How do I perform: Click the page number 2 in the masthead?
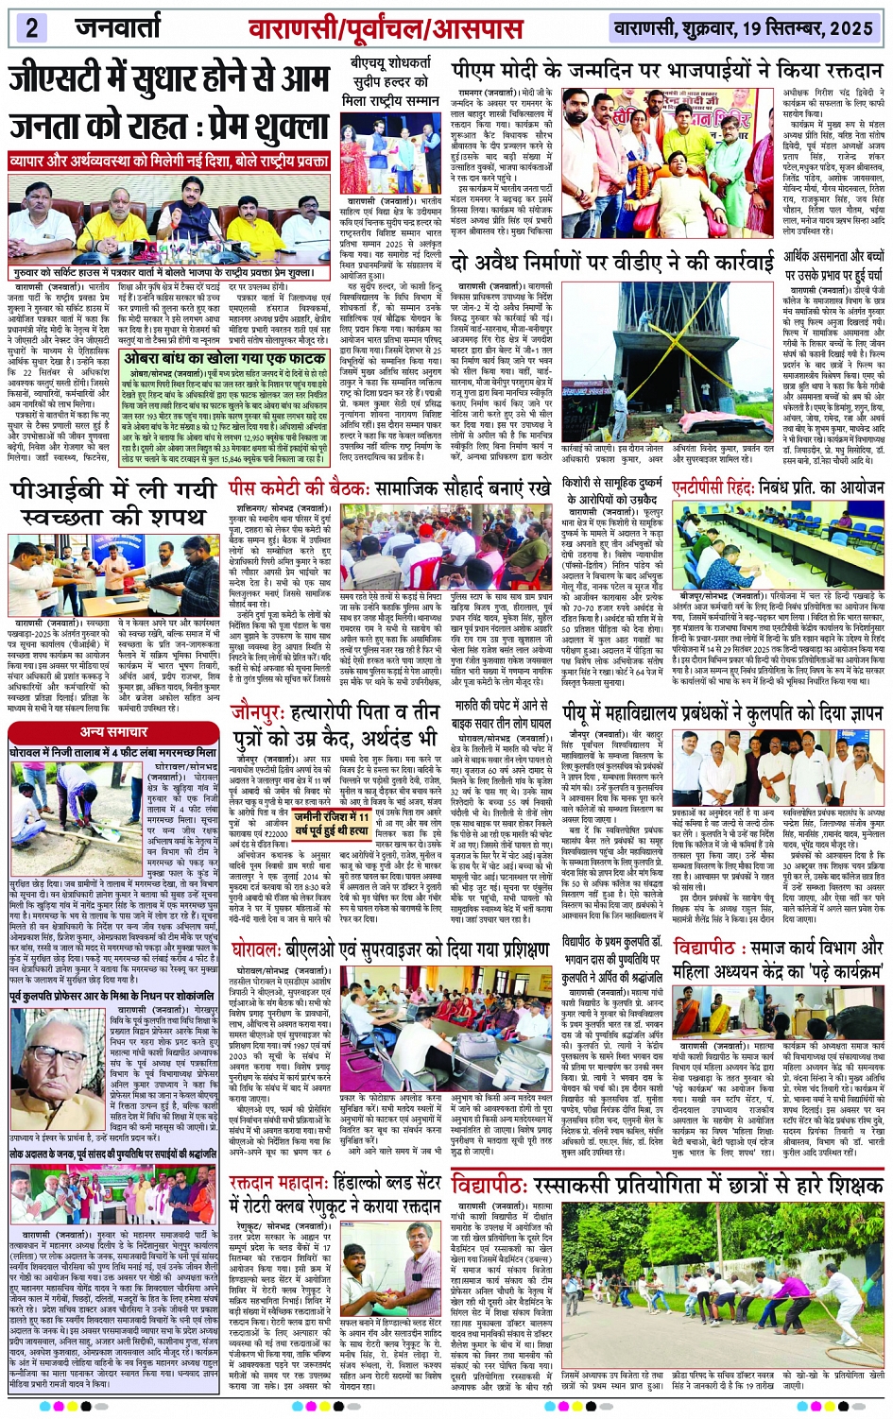[x=31, y=27]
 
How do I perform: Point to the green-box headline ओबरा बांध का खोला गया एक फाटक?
[x=225, y=360]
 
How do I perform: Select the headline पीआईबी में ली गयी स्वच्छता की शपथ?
[x=113, y=504]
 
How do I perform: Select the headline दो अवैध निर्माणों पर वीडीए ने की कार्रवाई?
[x=610, y=263]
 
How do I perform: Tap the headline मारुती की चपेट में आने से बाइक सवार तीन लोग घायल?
[x=502, y=713]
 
